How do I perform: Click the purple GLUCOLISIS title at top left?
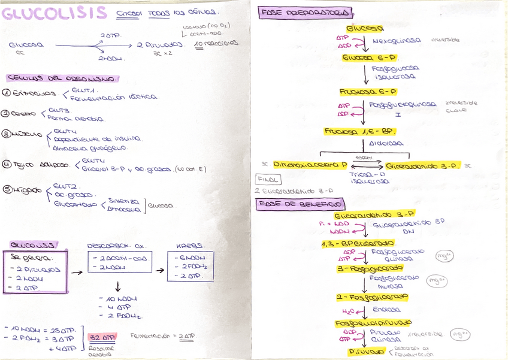coord(54,13)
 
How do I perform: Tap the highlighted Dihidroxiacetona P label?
coord(310,164)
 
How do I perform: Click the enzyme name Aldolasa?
coord(386,144)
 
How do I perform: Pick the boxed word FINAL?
coord(268,179)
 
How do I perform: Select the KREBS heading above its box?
coord(189,245)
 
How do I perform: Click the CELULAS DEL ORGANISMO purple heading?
coord(63,78)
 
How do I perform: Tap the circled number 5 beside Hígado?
coord(7,190)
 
